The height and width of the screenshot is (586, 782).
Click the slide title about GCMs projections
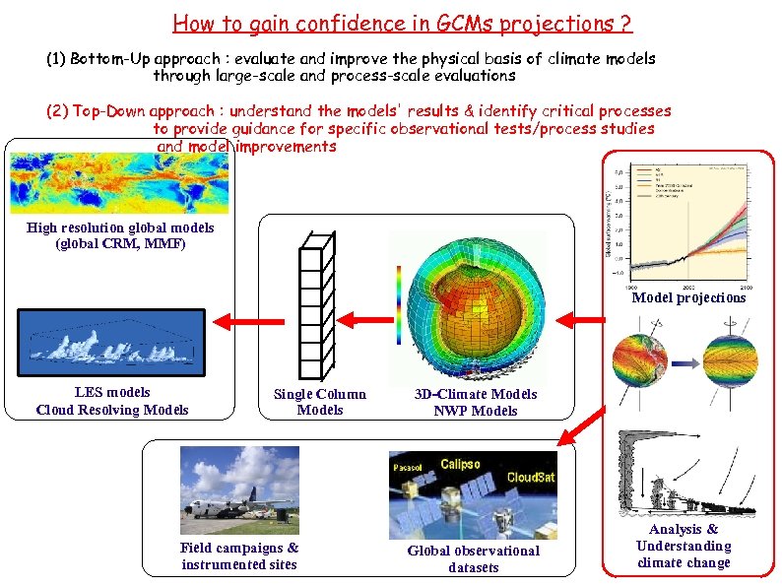point(402,23)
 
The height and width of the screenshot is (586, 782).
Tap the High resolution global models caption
point(120,235)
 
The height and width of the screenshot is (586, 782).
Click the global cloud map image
point(119,184)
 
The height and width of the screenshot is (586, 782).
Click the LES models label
point(112,392)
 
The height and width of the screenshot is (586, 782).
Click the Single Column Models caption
point(319,402)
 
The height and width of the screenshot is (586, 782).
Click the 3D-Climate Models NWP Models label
point(476,402)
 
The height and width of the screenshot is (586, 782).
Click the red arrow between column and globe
point(367,319)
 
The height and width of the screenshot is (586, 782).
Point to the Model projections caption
point(688,297)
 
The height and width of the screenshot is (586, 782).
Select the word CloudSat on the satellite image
point(530,478)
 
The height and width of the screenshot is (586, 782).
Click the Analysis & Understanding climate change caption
point(684,547)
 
